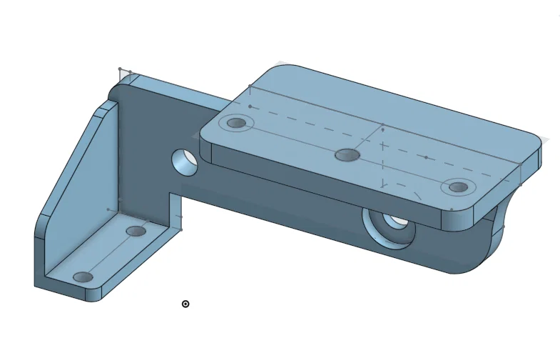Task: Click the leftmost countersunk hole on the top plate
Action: coord(236,123)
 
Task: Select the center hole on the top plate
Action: coord(347,154)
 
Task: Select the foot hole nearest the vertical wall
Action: coord(136,231)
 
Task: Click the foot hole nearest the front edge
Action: coord(83,277)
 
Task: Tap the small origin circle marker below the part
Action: coord(185,304)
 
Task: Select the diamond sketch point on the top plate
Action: coord(383,129)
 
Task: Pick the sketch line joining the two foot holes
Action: coord(109,254)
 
